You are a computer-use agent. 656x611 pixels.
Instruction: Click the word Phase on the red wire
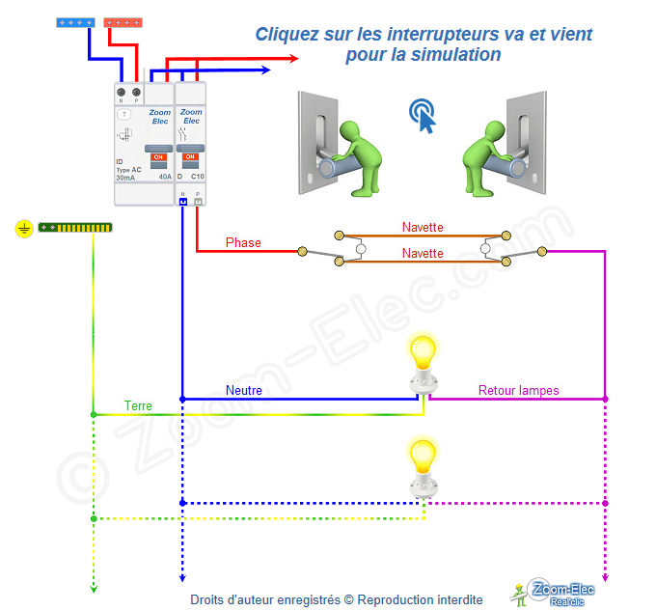(x=243, y=242)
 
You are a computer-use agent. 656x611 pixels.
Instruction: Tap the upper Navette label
(x=423, y=227)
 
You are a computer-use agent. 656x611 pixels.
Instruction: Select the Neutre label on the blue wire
(x=244, y=391)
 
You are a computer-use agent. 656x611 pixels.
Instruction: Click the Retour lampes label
(x=519, y=391)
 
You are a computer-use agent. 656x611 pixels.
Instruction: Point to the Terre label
(x=138, y=406)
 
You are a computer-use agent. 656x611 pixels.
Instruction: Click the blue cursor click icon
(x=422, y=116)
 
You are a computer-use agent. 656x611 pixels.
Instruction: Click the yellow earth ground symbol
(x=24, y=229)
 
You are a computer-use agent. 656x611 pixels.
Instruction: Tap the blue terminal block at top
(x=75, y=21)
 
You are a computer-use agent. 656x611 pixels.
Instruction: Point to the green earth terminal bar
(x=75, y=228)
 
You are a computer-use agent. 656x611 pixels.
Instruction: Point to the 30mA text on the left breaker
(x=125, y=178)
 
